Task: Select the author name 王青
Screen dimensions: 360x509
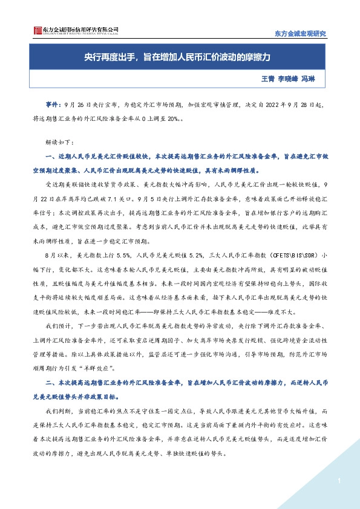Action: tap(267, 79)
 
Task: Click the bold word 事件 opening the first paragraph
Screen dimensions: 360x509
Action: tap(53, 104)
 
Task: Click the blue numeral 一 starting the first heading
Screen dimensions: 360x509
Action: tap(48, 157)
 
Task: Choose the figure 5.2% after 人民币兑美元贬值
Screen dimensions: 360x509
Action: tap(200, 256)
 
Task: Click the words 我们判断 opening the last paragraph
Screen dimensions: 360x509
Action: tap(57, 410)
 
